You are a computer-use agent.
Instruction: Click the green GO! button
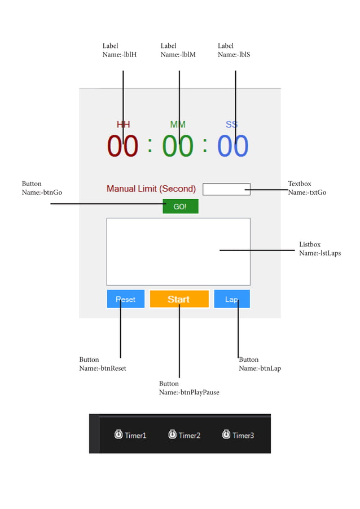click(x=180, y=207)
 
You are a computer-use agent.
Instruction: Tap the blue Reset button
click(x=125, y=299)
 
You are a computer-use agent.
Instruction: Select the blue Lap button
click(x=231, y=299)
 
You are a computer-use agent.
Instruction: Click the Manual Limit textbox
click(x=226, y=189)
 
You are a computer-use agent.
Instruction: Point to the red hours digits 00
click(x=123, y=146)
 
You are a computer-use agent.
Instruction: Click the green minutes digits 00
click(x=178, y=146)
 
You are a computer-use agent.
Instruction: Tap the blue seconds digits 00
click(x=232, y=146)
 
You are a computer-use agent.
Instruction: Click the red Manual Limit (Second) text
click(x=151, y=189)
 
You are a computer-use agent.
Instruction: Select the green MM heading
click(x=178, y=124)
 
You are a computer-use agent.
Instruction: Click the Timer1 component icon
click(x=118, y=435)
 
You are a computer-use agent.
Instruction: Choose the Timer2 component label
click(x=190, y=435)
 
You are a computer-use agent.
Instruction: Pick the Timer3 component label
click(x=243, y=435)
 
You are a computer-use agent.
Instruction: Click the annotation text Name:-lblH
click(x=120, y=55)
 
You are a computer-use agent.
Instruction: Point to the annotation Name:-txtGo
click(x=307, y=192)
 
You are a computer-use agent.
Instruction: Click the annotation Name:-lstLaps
click(x=320, y=253)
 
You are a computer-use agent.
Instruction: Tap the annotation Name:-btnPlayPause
click(x=189, y=392)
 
